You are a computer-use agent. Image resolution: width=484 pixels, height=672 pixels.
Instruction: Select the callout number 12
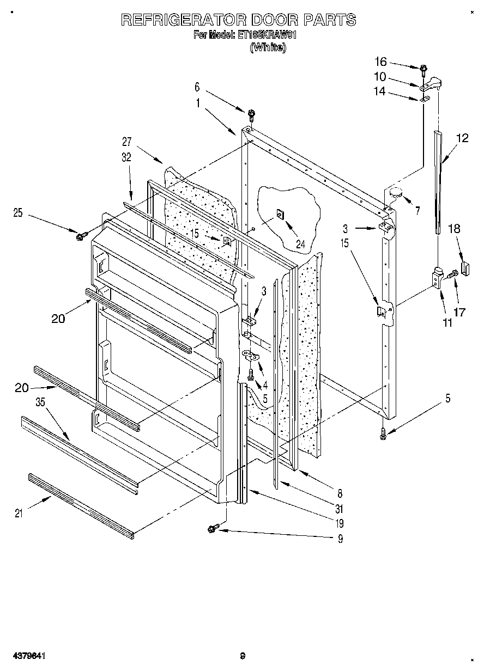[462, 138]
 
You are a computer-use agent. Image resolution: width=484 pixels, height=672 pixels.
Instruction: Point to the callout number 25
[18, 212]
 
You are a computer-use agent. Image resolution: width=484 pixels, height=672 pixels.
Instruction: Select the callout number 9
[341, 539]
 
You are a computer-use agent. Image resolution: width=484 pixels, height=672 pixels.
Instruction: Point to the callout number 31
[340, 509]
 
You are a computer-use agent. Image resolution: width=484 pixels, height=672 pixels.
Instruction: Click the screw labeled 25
[81, 236]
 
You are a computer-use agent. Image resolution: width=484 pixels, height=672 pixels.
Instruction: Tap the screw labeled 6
[251, 114]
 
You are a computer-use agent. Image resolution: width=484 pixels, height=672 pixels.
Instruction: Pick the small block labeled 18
[465, 268]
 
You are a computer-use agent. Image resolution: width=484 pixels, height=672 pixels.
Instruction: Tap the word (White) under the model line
[267, 47]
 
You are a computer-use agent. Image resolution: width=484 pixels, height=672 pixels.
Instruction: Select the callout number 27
[126, 142]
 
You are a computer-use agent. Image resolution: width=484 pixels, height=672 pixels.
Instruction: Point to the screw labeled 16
[423, 69]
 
